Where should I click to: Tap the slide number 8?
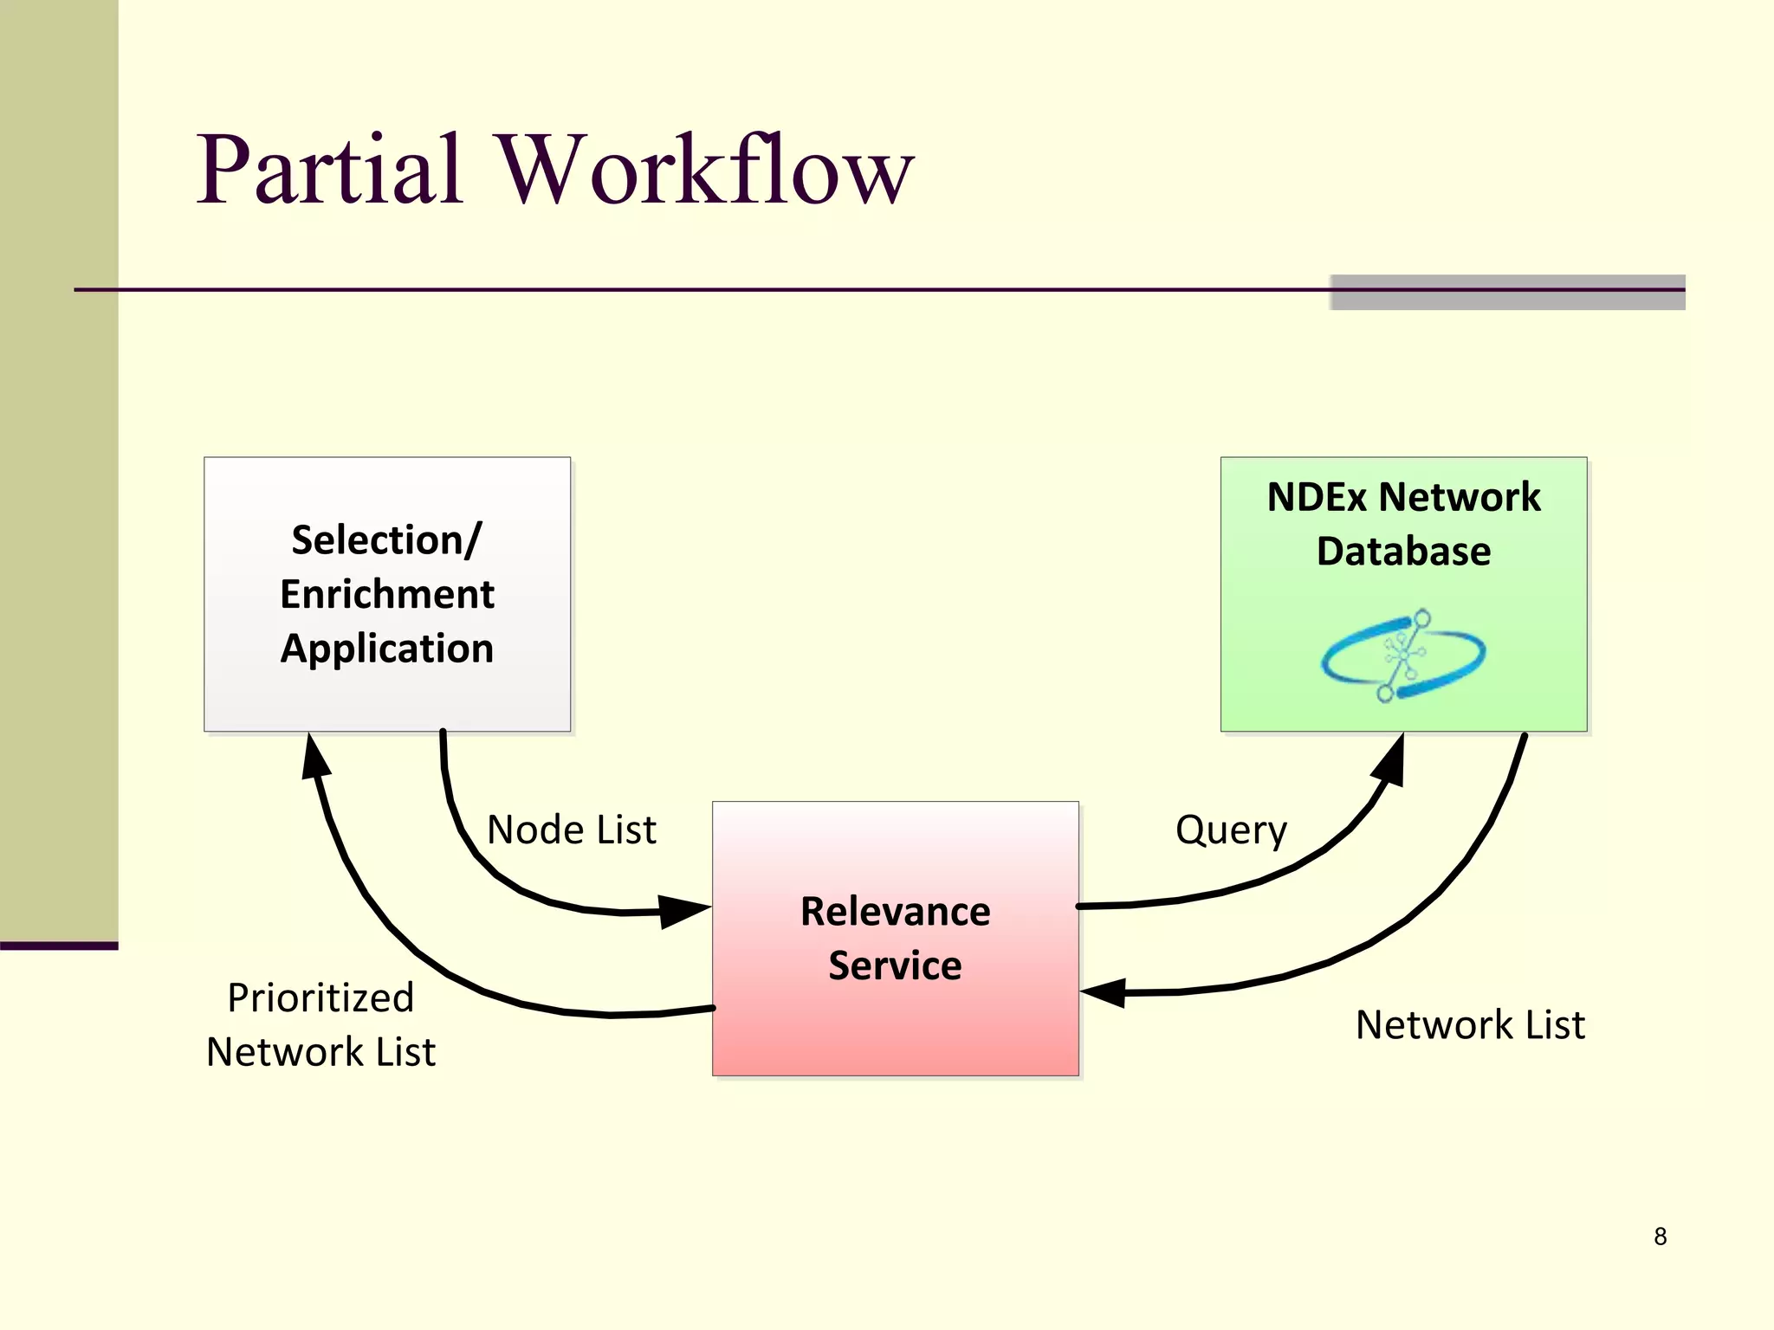click(1660, 1236)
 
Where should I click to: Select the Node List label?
click(571, 830)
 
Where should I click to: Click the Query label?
click(1230, 830)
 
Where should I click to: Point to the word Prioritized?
click(320, 997)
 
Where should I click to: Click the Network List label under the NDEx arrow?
click(1470, 1024)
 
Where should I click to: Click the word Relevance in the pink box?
click(895, 911)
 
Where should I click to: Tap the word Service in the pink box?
click(895, 965)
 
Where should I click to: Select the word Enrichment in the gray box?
click(387, 594)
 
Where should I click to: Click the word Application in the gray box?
click(387, 649)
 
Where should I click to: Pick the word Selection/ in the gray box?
click(387, 540)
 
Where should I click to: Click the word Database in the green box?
click(1403, 552)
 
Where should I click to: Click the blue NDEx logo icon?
click(1403, 655)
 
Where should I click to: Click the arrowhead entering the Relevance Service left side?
click(683, 911)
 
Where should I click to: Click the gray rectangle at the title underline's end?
click(1507, 292)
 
